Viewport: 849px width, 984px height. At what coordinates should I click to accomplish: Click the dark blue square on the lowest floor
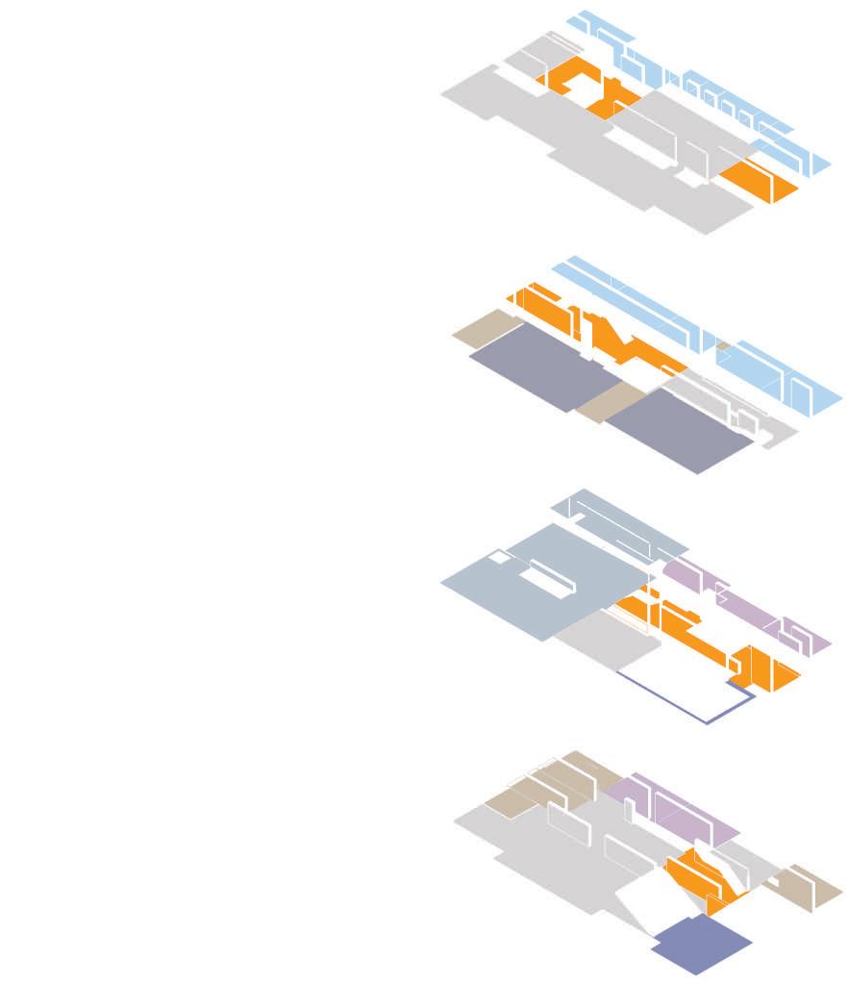(x=701, y=945)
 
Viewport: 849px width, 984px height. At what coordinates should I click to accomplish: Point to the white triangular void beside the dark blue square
(x=639, y=900)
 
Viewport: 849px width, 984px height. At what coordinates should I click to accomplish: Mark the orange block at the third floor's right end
(x=764, y=669)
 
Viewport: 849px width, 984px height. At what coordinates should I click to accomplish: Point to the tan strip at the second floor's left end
(x=481, y=327)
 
